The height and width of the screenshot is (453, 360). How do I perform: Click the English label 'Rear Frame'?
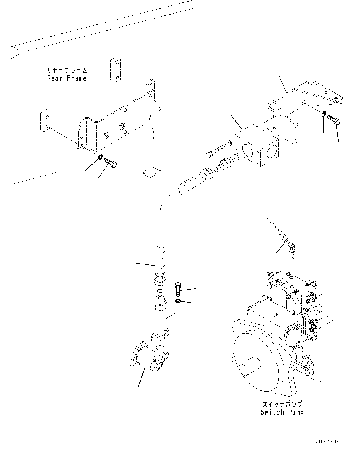click(67, 78)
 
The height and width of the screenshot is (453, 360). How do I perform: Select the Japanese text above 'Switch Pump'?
click(281, 404)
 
